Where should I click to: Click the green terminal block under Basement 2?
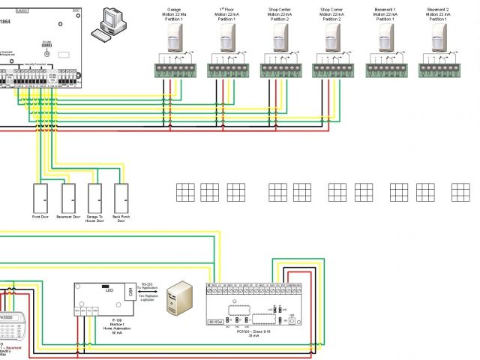pos(438,70)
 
